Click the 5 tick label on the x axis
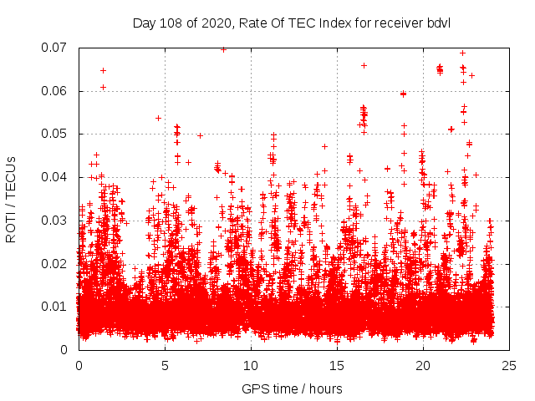tap(165, 365)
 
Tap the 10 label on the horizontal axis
tap(251, 365)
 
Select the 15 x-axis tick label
tap(337, 365)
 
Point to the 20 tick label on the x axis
tap(423, 365)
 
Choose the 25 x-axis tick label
tap(509, 365)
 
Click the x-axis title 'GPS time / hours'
tap(293, 388)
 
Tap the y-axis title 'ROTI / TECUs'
tap(12, 199)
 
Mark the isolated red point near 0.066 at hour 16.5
tap(364, 65)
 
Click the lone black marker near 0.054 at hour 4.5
tap(158, 118)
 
